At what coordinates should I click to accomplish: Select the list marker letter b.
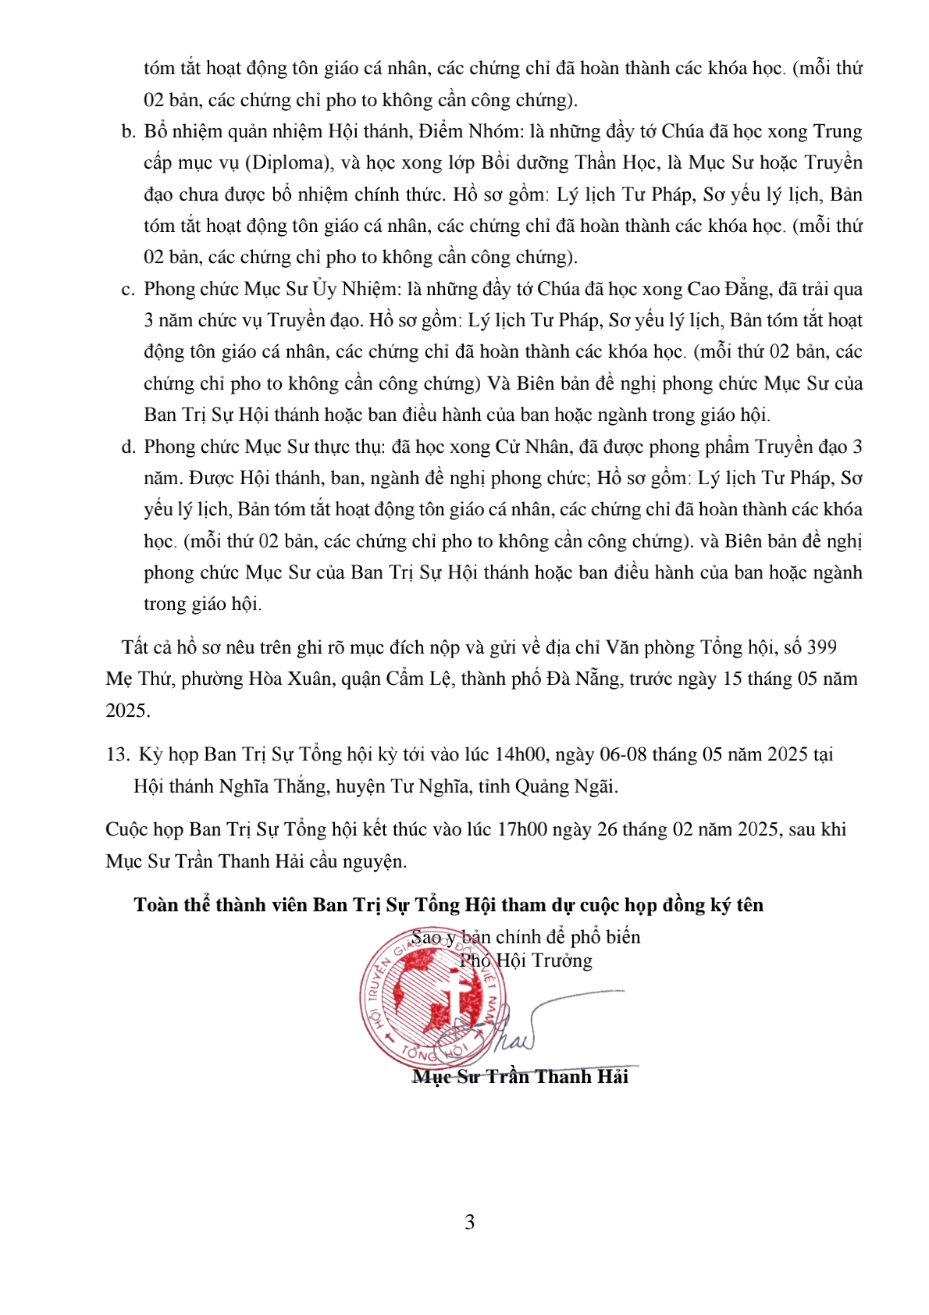click(129, 132)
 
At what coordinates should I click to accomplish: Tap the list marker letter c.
click(128, 290)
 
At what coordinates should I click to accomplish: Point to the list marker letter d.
click(129, 447)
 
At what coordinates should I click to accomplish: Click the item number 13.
click(117, 755)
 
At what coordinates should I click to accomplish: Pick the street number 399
click(821, 647)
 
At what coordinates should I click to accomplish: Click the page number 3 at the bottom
click(469, 1223)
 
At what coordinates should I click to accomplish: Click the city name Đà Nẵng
click(585, 679)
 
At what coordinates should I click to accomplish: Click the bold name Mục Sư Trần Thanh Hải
click(520, 1077)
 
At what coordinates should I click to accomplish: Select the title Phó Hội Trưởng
click(525, 960)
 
